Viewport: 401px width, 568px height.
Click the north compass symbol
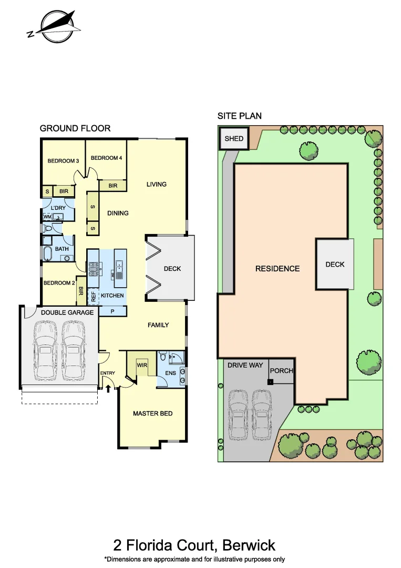pyautogui.click(x=55, y=27)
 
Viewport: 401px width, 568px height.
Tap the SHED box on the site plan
pyautogui.click(x=234, y=138)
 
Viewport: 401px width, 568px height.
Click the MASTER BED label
pyautogui.click(x=152, y=413)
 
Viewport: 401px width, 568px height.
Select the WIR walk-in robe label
pyautogui.click(x=141, y=364)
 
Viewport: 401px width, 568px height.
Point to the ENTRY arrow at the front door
pyautogui.click(x=109, y=389)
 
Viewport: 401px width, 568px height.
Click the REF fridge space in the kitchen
pyautogui.click(x=93, y=296)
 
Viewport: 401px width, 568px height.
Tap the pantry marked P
pyautogui.click(x=112, y=311)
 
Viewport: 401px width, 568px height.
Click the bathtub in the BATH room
pyautogui.click(x=47, y=255)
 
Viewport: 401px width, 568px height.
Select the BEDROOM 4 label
pyautogui.click(x=106, y=158)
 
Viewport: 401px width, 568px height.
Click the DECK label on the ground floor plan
pyautogui.click(x=172, y=269)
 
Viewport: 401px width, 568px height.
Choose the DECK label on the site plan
pyautogui.click(x=335, y=264)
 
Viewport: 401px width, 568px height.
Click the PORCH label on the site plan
pyautogui.click(x=281, y=371)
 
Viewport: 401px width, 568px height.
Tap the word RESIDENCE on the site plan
pyautogui.click(x=277, y=269)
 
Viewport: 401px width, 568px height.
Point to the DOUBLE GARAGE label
pyautogui.click(x=68, y=312)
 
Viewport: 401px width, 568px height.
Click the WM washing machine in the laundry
pyautogui.click(x=47, y=217)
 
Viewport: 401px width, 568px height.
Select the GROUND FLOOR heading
pyautogui.click(x=75, y=128)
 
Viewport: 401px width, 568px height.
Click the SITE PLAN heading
pyautogui.click(x=240, y=116)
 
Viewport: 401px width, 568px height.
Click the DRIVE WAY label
pyautogui.click(x=245, y=365)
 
